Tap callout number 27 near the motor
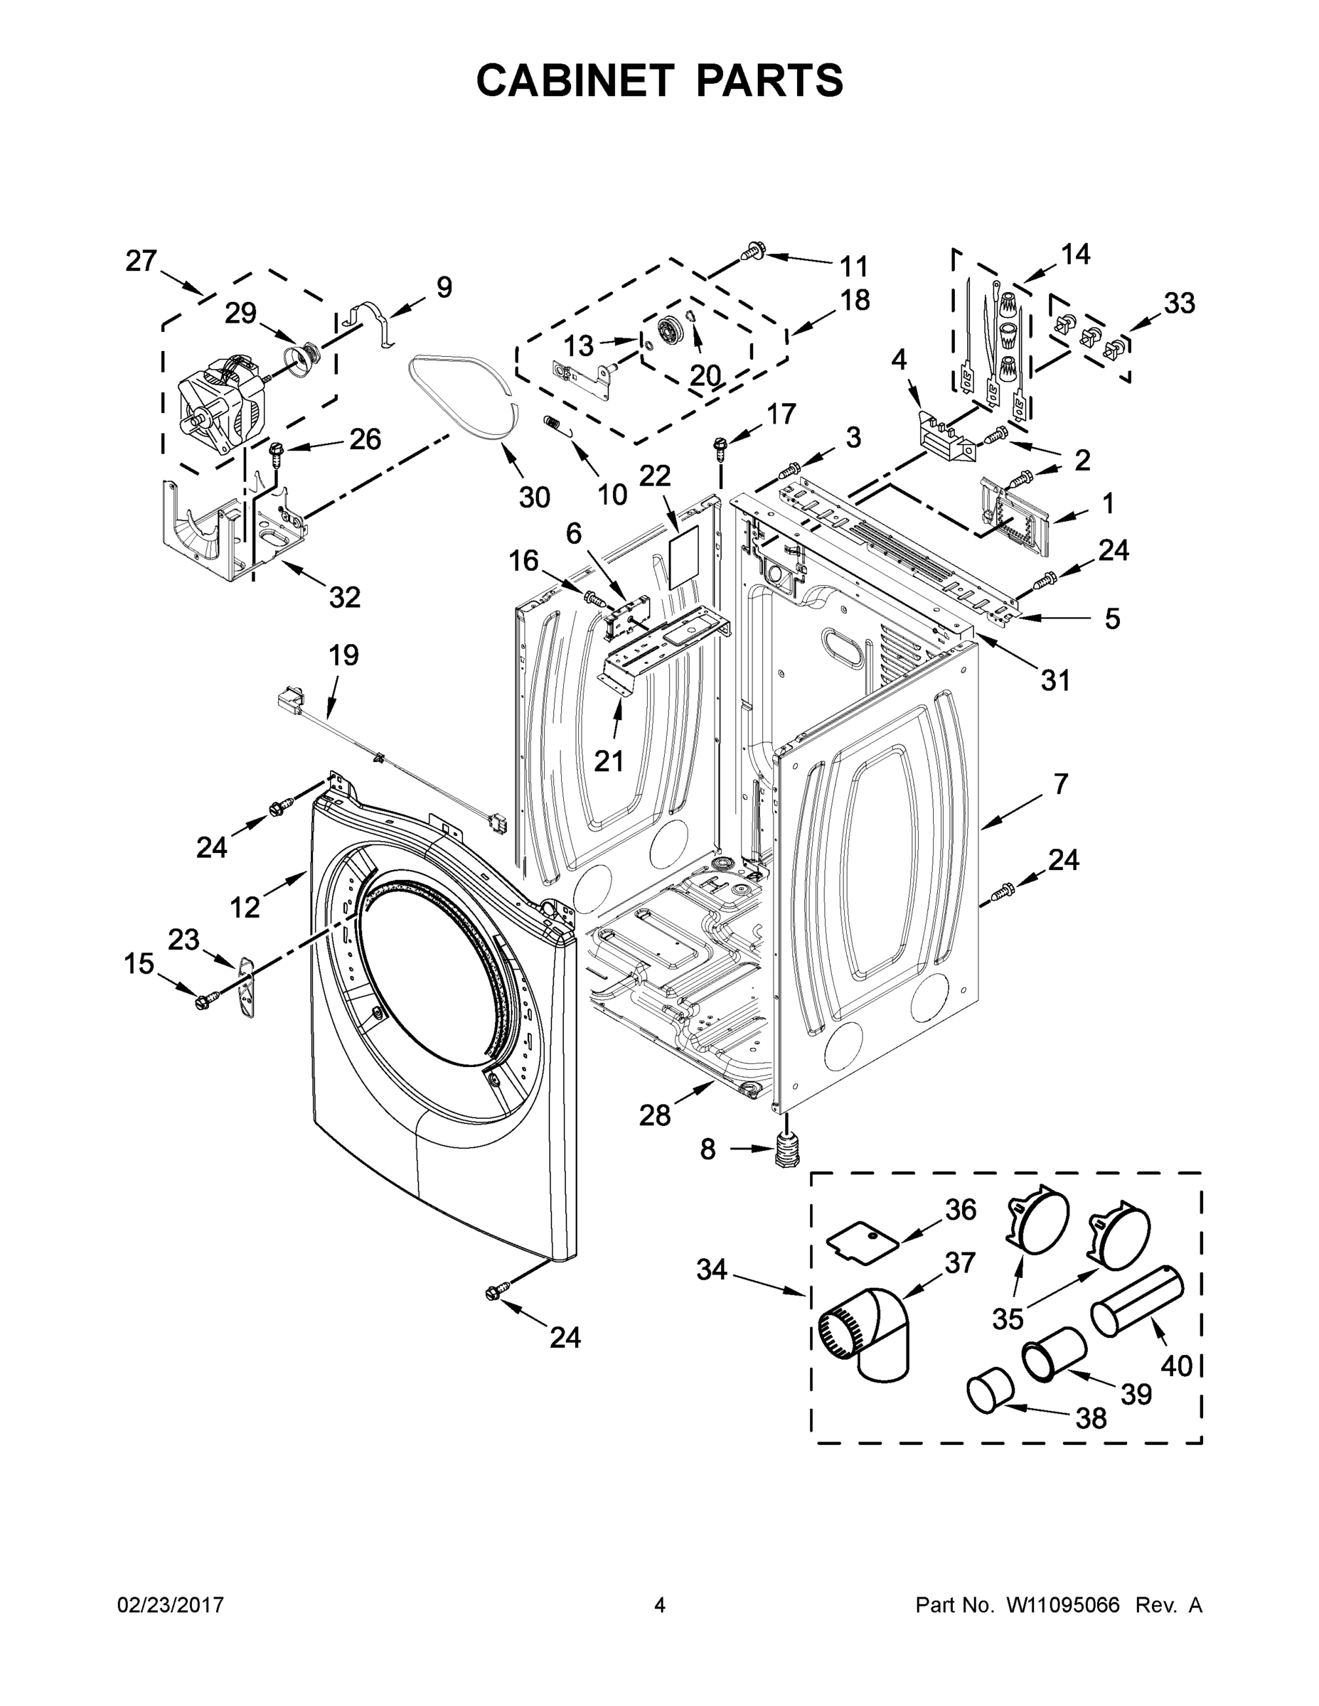coord(141,261)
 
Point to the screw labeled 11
coord(755,252)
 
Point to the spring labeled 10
coord(552,423)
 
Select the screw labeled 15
coord(205,1001)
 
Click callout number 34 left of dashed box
coord(712,1270)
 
